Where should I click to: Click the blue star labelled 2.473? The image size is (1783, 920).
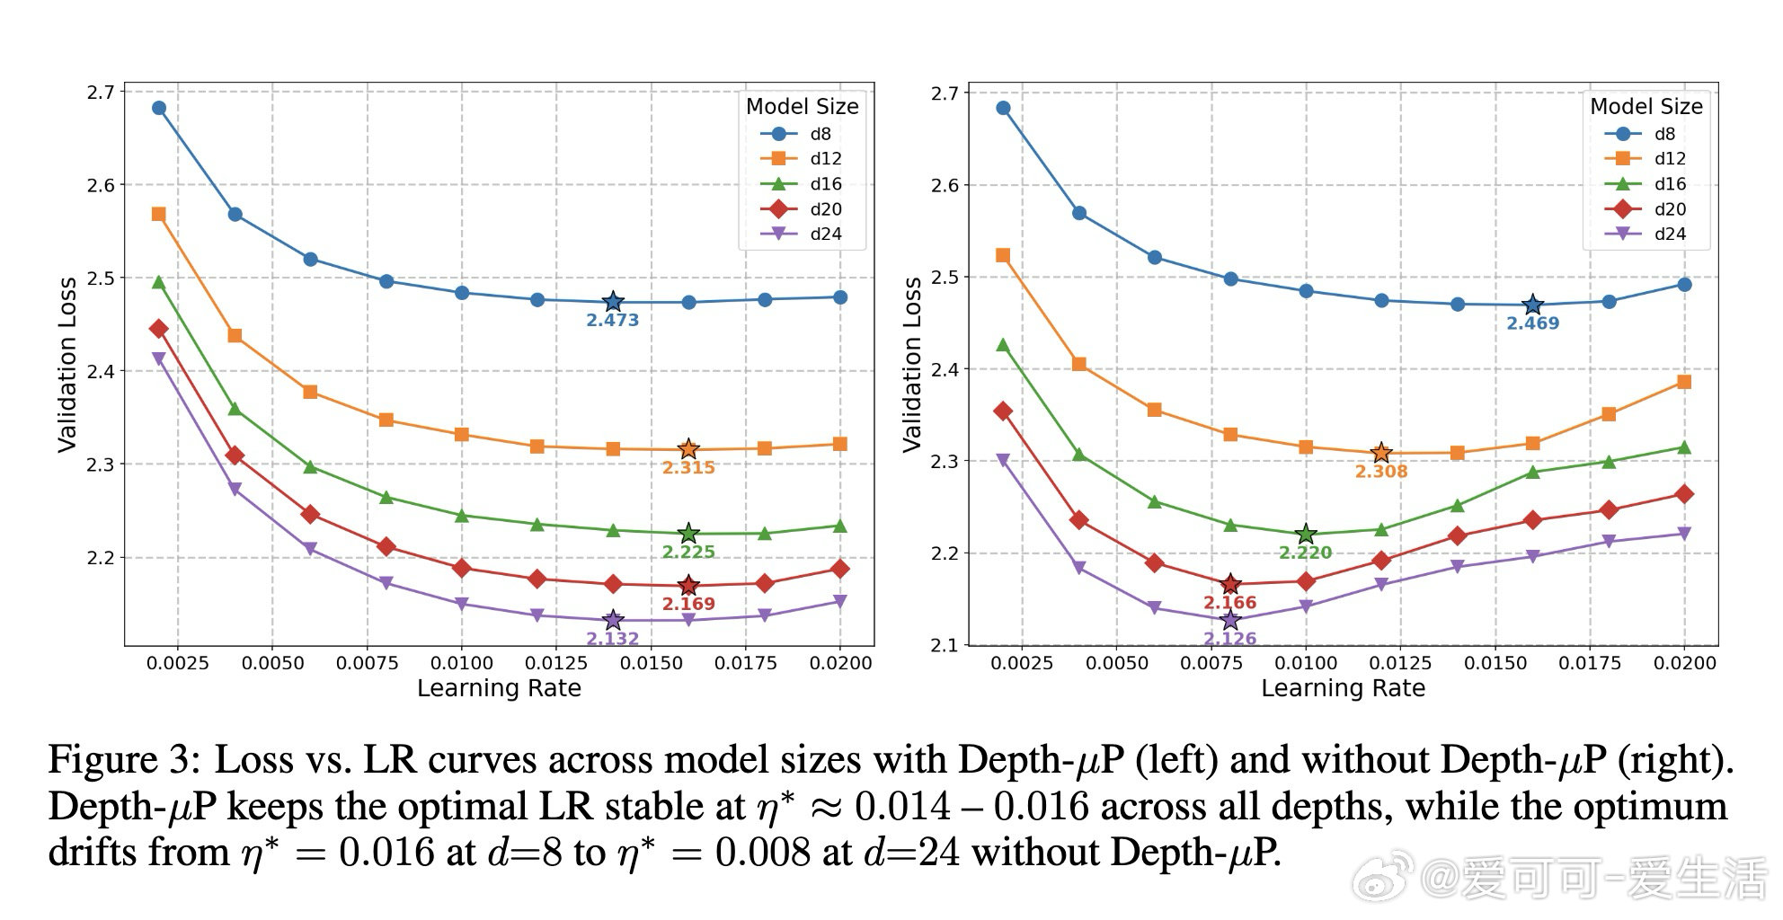click(x=613, y=302)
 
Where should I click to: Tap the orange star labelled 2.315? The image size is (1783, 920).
click(x=688, y=448)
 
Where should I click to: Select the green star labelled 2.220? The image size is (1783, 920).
click(x=1306, y=535)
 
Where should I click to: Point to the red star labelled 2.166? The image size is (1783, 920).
click(x=1230, y=585)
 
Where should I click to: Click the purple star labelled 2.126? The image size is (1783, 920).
click(x=1230, y=620)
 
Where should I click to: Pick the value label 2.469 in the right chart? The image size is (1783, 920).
click(x=1532, y=323)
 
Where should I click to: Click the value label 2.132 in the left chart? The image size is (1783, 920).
click(x=612, y=639)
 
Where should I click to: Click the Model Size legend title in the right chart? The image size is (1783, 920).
click(x=1646, y=106)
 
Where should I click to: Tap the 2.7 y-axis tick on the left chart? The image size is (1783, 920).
click(x=101, y=92)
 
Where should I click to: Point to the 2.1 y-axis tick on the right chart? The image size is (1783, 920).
click(x=945, y=645)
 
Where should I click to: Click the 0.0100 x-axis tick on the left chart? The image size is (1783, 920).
click(x=462, y=663)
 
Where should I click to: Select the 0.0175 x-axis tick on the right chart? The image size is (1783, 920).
click(x=1590, y=663)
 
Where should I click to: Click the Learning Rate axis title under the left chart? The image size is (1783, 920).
click(x=499, y=688)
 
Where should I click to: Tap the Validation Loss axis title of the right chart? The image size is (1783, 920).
click(x=911, y=364)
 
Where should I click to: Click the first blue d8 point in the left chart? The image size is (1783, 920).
click(x=159, y=108)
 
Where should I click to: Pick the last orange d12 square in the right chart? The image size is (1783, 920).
click(x=1684, y=382)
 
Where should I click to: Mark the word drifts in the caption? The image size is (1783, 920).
click(x=96, y=852)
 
